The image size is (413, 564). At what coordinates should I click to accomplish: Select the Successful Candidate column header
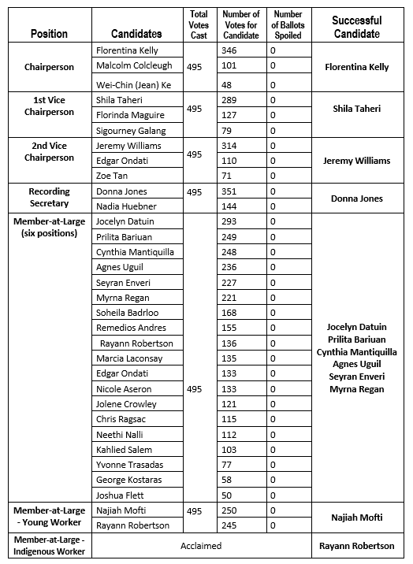click(357, 27)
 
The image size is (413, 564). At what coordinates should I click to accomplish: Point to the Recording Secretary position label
click(49, 198)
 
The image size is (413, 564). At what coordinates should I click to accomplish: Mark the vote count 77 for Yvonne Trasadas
click(227, 465)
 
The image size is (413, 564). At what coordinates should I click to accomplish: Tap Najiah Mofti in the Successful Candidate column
click(357, 518)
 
